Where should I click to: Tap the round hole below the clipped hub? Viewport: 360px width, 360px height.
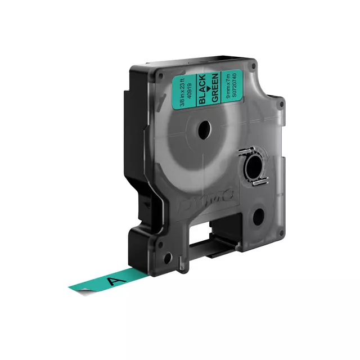click(258, 216)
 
